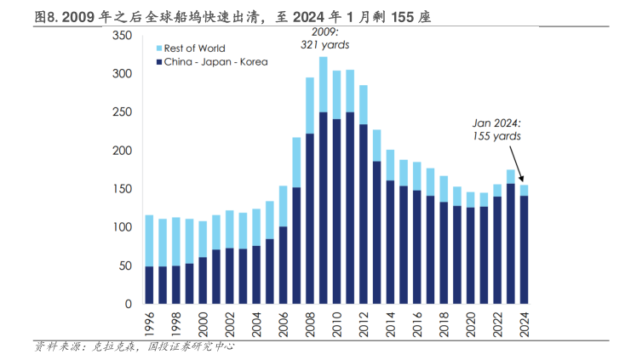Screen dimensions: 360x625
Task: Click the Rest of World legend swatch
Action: [x=158, y=49]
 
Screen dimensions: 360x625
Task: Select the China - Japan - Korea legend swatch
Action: [x=158, y=61]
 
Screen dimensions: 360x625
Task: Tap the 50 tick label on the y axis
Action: [x=124, y=266]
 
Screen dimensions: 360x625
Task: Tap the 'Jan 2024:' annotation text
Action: [x=497, y=123]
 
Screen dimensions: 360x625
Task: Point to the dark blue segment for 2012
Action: [x=364, y=214]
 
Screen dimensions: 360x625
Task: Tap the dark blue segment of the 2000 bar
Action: [x=203, y=280]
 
